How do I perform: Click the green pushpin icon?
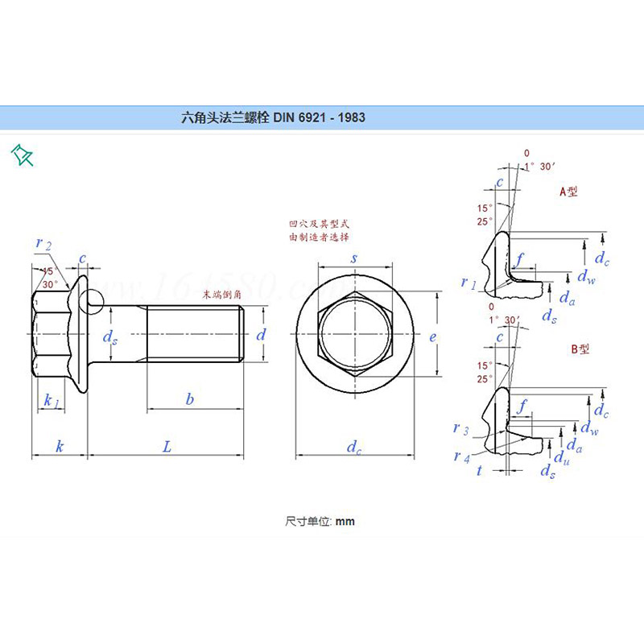22,155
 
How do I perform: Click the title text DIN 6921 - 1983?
319,118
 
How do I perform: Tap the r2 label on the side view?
43,244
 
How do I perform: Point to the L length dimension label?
167,446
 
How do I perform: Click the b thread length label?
190,399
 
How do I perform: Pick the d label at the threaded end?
260,335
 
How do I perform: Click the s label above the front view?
354,258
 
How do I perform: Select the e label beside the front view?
432,337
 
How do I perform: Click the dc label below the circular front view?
354,448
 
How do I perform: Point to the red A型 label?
569,192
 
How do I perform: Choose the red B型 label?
580,349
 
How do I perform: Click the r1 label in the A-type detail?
469,283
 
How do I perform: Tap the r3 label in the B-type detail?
460,428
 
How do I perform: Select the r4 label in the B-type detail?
460,456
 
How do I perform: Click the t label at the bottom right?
479,470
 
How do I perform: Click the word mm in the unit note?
345,522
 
